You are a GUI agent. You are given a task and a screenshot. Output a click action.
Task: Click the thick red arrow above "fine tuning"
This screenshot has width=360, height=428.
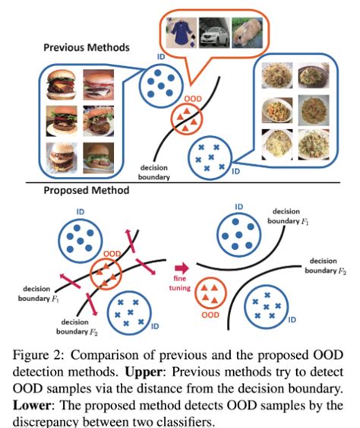click(x=182, y=268)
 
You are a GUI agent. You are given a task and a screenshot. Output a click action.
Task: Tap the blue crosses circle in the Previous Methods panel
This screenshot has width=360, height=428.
click(x=209, y=155)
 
